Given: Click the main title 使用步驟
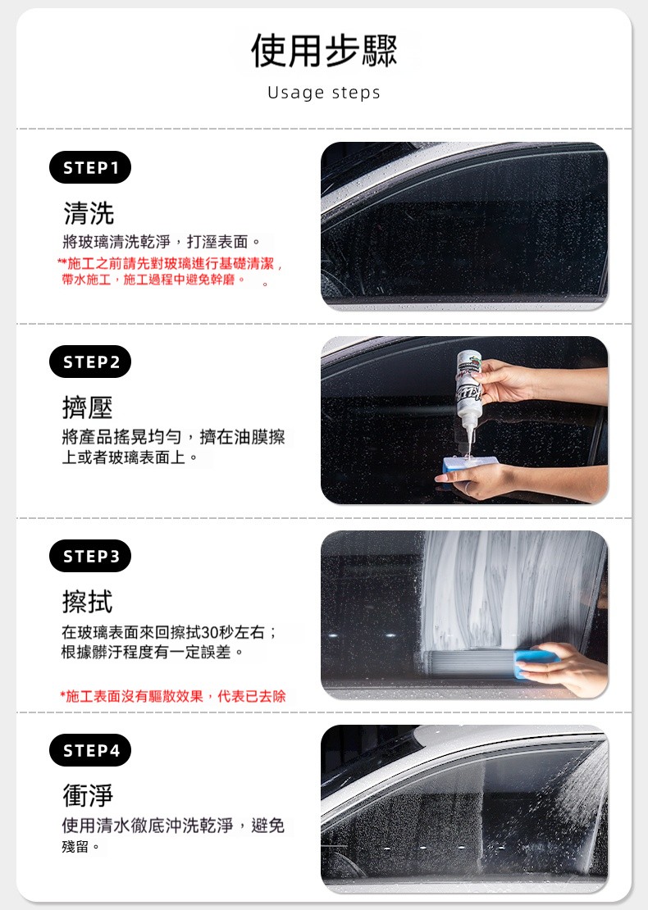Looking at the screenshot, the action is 324,51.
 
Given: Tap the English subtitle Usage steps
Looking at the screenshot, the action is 324,93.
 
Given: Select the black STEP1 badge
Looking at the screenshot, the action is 90,168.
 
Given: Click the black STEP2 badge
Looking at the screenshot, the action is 90,362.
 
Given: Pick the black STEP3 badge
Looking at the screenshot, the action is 90,556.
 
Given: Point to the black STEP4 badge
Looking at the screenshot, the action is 90,750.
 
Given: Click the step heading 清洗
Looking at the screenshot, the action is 89,213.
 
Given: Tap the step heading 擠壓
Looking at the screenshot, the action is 87,407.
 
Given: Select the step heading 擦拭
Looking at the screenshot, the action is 87,601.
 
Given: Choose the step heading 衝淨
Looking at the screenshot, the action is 88,795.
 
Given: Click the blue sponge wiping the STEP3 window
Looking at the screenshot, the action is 536,662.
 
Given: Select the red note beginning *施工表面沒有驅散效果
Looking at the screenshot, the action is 173,696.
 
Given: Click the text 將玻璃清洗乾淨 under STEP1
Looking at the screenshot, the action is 116,241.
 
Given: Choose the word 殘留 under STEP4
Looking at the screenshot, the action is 75,847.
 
